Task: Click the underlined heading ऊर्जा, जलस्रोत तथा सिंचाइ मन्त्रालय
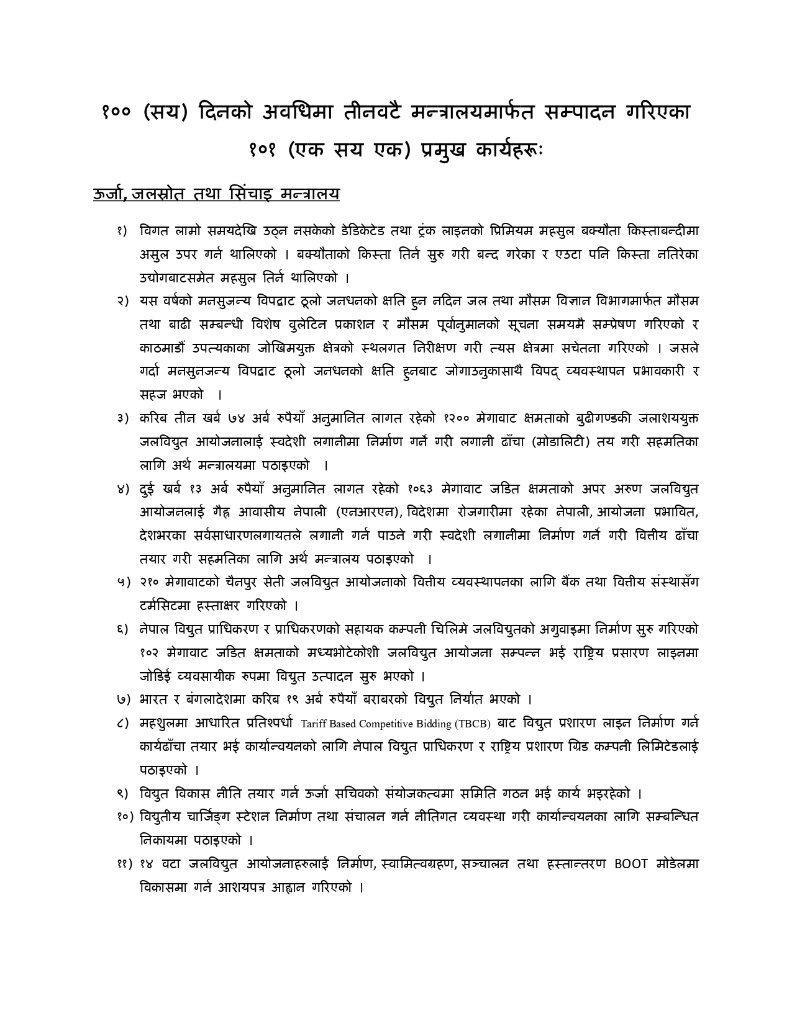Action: coord(216,194)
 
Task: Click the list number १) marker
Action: coord(122,231)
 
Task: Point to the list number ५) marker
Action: coord(122,582)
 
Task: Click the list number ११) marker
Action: coord(124,864)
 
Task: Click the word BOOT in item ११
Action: coord(630,864)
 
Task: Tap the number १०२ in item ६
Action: coord(150,653)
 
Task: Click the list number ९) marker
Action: coord(122,794)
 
